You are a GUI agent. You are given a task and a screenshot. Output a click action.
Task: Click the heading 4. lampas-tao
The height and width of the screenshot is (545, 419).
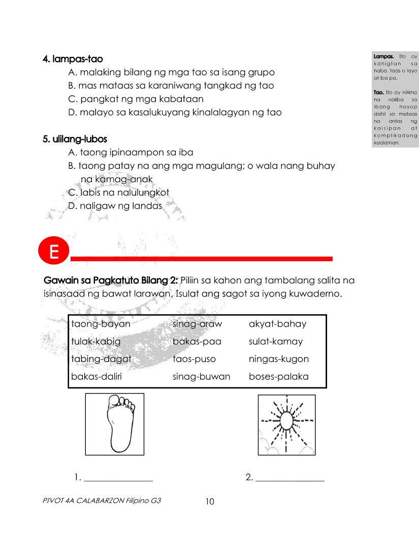[x=73, y=59]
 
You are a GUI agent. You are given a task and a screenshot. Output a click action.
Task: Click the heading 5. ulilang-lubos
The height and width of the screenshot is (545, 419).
[x=75, y=139]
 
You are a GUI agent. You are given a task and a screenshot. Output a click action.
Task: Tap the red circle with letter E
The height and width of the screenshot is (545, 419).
[x=53, y=252]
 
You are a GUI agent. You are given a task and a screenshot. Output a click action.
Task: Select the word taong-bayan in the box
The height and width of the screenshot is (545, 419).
[x=101, y=324]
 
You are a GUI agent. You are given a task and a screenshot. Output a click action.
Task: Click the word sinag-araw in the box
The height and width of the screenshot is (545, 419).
[x=197, y=324]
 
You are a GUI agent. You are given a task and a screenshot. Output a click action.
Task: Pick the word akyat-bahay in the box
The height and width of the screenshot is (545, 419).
[x=277, y=324]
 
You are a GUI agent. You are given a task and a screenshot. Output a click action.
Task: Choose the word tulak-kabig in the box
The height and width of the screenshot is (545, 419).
[x=96, y=341]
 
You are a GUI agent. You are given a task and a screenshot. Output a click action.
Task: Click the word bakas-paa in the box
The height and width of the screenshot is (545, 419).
[x=197, y=341]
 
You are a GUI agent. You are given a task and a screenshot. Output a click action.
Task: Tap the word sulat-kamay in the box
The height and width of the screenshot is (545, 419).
[x=275, y=341]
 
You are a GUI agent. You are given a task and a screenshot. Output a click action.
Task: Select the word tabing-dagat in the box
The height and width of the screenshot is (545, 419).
[x=101, y=359]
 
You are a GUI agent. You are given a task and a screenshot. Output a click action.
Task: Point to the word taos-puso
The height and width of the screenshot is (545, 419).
[x=194, y=359]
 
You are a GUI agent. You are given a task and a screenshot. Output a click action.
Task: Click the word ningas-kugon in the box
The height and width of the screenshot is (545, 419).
[x=278, y=359]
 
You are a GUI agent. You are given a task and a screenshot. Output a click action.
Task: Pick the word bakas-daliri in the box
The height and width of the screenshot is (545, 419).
[x=96, y=377]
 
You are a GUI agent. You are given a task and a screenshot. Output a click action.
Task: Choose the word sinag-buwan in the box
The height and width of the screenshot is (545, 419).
[x=201, y=377]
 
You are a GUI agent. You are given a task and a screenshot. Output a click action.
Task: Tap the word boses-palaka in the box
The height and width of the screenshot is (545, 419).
[x=278, y=377]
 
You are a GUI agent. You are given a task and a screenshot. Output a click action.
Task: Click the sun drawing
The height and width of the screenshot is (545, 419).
[x=286, y=424]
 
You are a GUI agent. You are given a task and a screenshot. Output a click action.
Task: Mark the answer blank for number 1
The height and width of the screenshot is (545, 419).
[x=118, y=478]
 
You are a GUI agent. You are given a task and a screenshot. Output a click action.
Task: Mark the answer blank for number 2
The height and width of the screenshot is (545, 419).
[x=289, y=478]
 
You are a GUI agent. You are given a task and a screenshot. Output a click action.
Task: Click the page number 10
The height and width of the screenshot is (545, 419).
[x=210, y=502]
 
